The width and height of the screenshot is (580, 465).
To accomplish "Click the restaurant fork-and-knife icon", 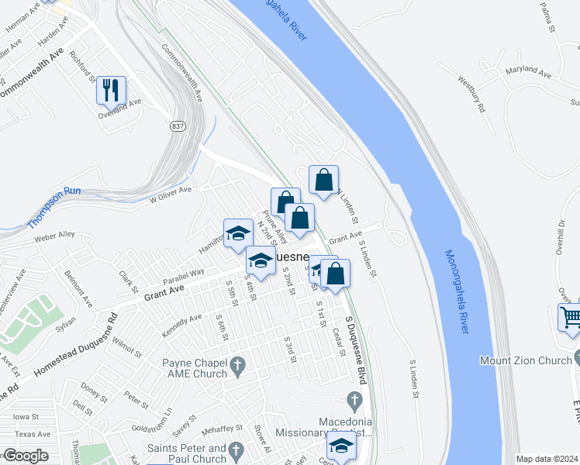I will click(x=109, y=90).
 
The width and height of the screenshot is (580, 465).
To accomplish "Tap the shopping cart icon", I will click(x=571, y=317).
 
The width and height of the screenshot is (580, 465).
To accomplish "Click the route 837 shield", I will click(x=178, y=125).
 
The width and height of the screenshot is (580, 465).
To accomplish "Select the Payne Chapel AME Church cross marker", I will click(x=238, y=363).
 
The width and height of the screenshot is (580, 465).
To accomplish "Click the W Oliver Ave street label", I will click(x=171, y=194).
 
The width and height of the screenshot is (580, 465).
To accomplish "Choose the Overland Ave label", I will click(x=119, y=102).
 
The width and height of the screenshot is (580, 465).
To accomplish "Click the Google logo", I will click(x=26, y=456).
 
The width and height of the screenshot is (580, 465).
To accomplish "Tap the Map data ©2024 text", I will click(x=546, y=459).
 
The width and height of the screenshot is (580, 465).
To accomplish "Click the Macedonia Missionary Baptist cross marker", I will click(x=354, y=401).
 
